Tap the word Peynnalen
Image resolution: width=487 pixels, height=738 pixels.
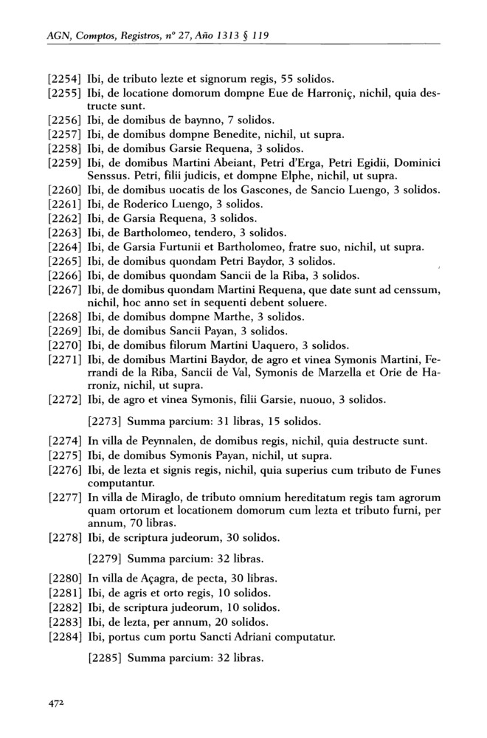point(156,442)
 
